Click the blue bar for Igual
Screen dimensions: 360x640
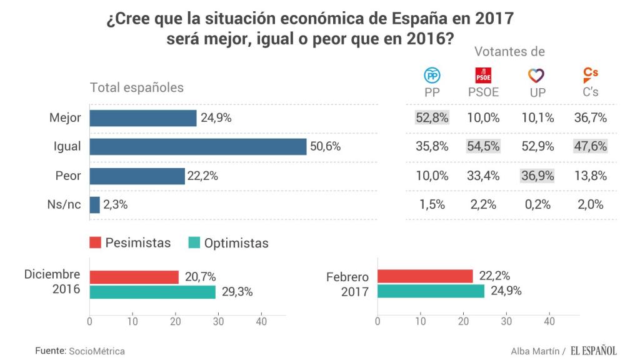pyautogui.click(x=198, y=147)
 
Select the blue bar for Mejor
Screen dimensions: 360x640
pyautogui.click(x=143, y=118)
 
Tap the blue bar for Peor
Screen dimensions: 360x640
pyautogui.click(x=137, y=176)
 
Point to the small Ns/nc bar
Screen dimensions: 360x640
pyautogui.click(x=95, y=205)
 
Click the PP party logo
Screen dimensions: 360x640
pyautogui.click(x=432, y=76)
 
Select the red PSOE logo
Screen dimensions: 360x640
pyautogui.click(x=483, y=76)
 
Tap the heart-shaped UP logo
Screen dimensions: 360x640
pyautogui.click(x=536, y=76)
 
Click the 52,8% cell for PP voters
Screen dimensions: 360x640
pyautogui.click(x=432, y=118)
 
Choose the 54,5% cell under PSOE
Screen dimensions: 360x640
pyautogui.click(x=484, y=147)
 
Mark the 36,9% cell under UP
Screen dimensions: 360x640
pyautogui.click(x=536, y=176)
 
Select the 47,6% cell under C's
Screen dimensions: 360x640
pyautogui.click(x=591, y=147)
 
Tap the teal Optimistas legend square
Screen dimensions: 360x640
pyautogui.click(x=194, y=242)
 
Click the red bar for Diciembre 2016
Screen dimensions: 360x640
pyautogui.click(x=134, y=277)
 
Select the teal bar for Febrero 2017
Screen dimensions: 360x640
pyautogui.click(x=431, y=291)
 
